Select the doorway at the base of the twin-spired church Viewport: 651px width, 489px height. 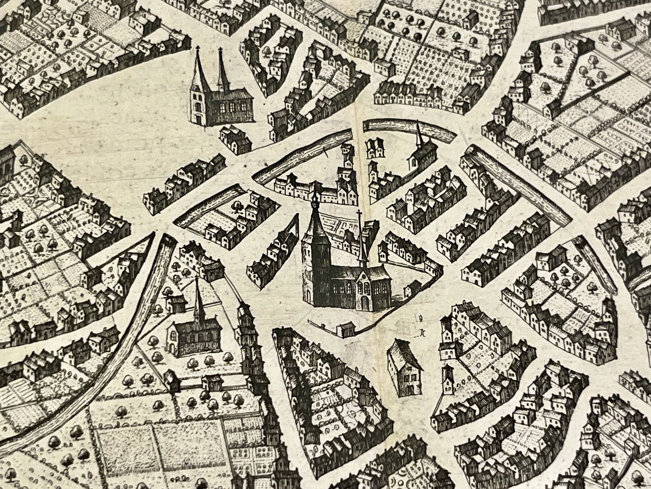198,118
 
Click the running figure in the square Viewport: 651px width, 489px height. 422,332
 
